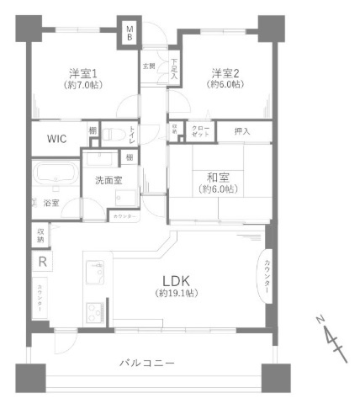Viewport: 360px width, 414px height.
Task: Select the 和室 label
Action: point(219,177)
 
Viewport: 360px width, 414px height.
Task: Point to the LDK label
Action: point(175,281)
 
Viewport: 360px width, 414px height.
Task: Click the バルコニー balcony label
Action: point(146,362)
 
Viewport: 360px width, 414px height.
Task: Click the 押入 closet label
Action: point(242,131)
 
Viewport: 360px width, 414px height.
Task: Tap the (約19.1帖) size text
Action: point(175,294)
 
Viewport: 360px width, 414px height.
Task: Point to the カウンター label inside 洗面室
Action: point(124,216)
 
